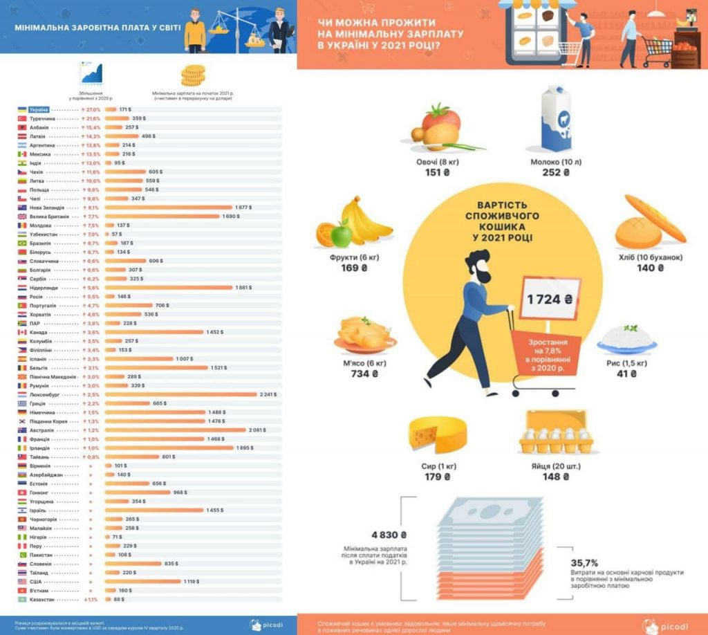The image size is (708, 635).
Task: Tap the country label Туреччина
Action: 42,119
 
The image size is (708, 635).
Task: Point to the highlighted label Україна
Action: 39,110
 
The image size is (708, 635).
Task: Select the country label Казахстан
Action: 43,600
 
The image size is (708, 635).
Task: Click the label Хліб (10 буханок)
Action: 651,257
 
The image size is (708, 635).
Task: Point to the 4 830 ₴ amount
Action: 389,534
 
